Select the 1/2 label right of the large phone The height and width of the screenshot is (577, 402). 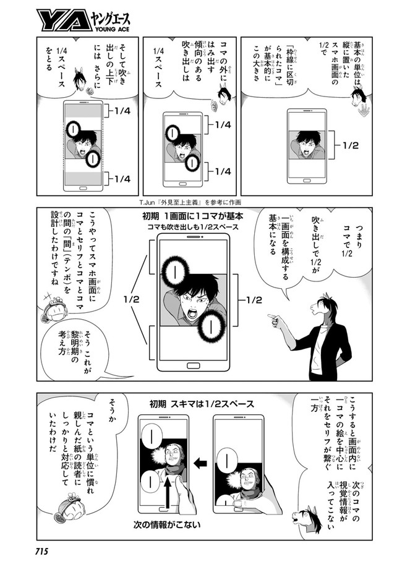click(x=254, y=300)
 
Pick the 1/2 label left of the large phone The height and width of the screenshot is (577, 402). click(x=131, y=299)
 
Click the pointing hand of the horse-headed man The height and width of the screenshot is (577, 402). click(x=273, y=320)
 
